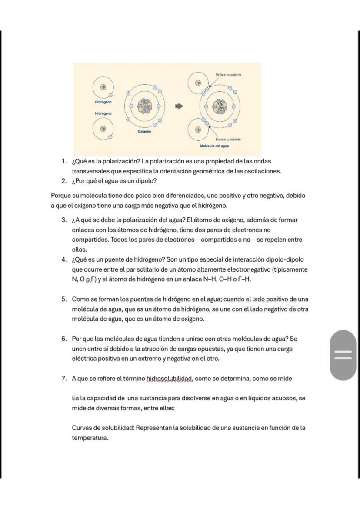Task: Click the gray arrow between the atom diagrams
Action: (x=179, y=106)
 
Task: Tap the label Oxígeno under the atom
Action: (x=145, y=131)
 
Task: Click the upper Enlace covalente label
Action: (x=228, y=75)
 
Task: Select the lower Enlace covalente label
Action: (x=228, y=139)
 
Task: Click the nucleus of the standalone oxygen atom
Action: (x=143, y=106)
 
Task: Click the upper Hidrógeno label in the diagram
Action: (x=103, y=102)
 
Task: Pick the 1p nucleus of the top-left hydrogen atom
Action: (x=103, y=87)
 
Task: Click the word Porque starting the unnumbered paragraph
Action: (x=61, y=196)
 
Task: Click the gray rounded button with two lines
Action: (x=343, y=355)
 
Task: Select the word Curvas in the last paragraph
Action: (x=81, y=428)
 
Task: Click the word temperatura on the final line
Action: (x=90, y=438)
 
